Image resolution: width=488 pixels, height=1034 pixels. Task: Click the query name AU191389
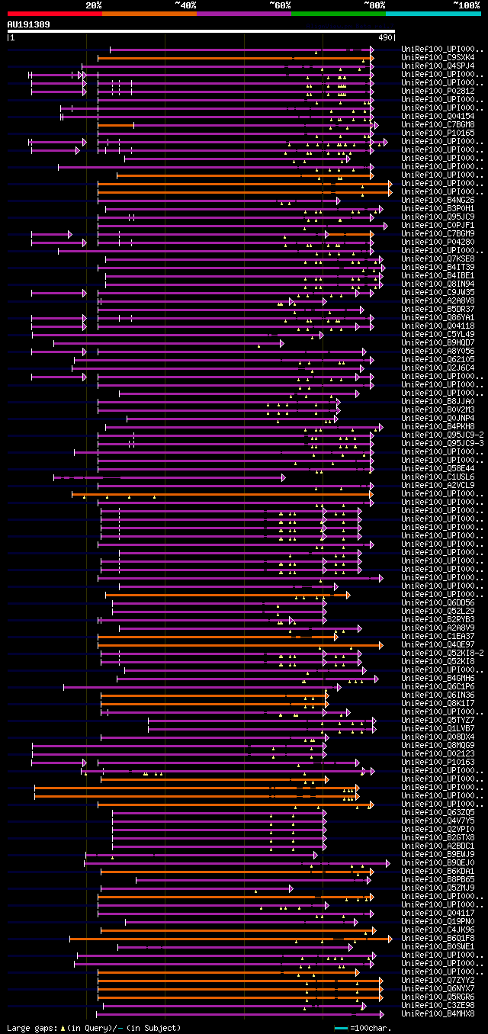tap(29, 24)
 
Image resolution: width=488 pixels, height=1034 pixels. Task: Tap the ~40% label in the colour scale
tap(185, 5)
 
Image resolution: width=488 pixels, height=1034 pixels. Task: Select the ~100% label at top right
tap(466, 5)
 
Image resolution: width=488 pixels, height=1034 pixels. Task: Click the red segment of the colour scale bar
tap(54, 13)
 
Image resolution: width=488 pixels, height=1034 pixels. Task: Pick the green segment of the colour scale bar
tap(338, 13)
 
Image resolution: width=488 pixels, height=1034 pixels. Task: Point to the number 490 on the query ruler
tap(385, 37)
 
